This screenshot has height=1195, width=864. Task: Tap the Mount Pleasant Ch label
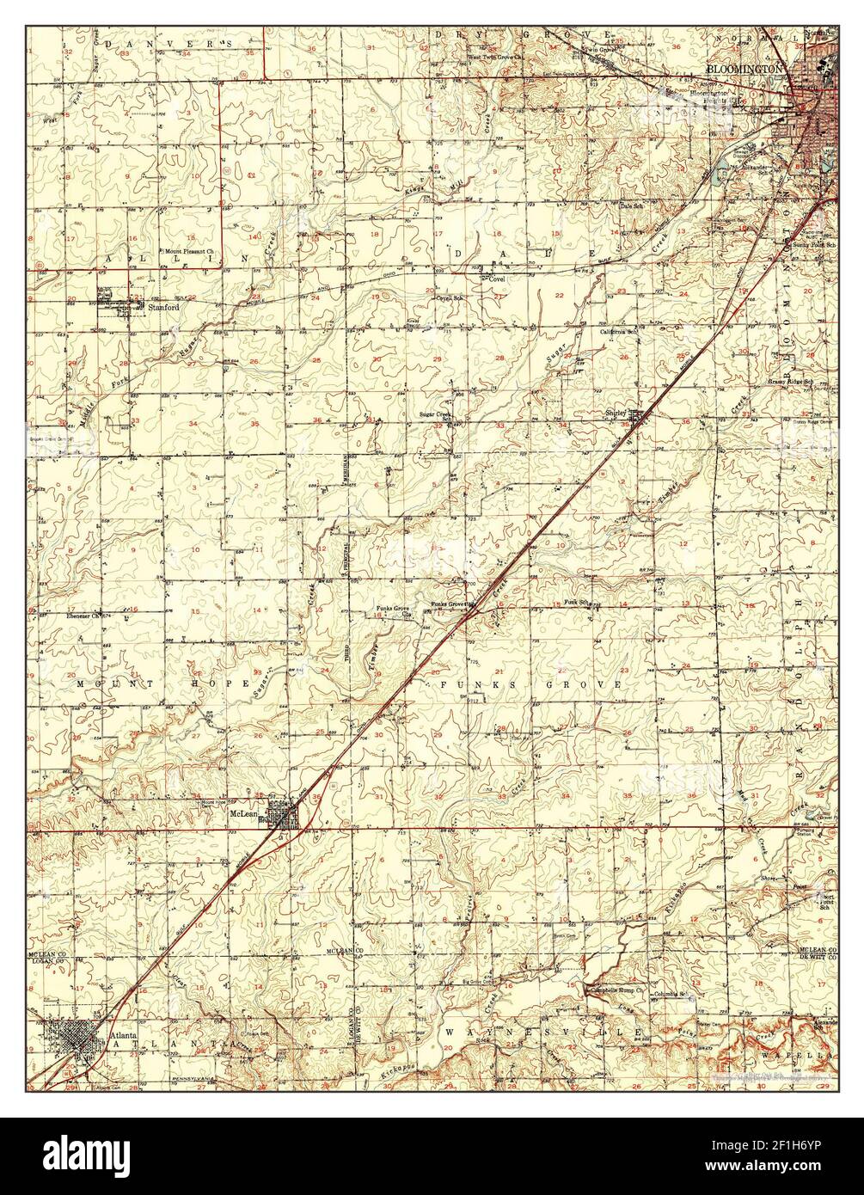(194, 251)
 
